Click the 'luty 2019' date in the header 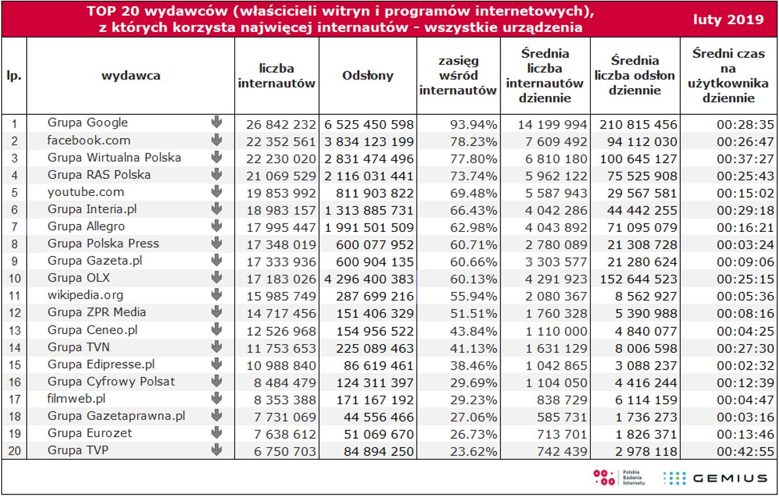[729, 20]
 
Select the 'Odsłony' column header [368, 76]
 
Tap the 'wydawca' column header [131, 76]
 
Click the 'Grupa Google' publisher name [88, 123]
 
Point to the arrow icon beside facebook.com [217, 140]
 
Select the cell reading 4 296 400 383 [368, 279]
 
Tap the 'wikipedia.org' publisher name [85, 295]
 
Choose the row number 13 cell [14, 330]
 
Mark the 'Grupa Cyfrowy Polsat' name [111, 381]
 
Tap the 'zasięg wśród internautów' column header [458, 76]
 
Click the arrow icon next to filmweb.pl [217, 398]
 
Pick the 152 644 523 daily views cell [636, 279]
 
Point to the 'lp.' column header [14, 76]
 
